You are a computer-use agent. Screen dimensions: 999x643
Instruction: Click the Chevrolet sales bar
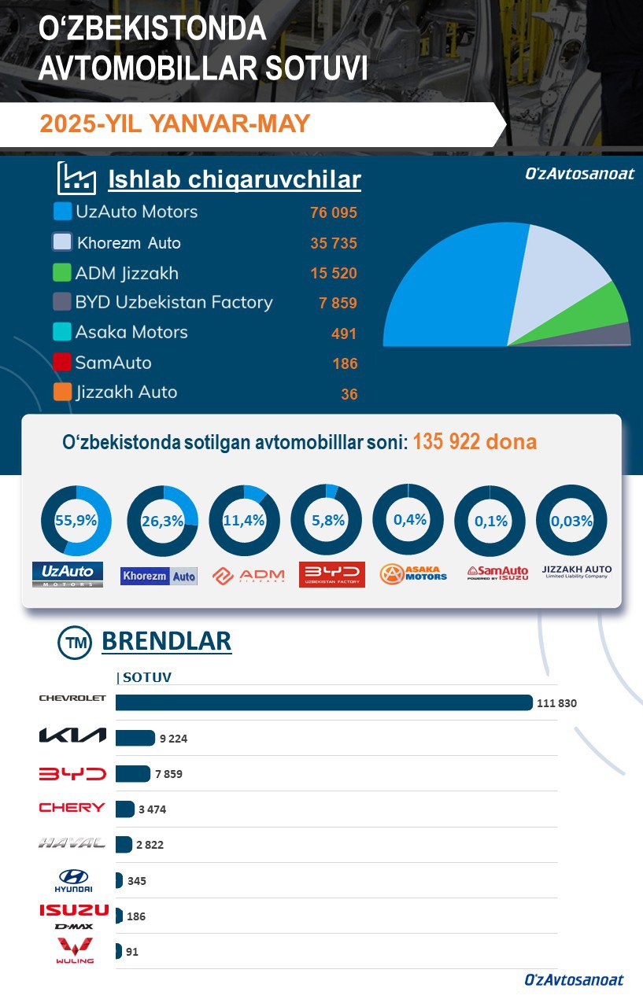[x=323, y=702]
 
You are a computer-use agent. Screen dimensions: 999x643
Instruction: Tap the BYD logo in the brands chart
[x=72, y=774]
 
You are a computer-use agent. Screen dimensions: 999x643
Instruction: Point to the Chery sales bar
[x=125, y=809]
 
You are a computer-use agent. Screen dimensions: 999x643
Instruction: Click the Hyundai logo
[x=73, y=880]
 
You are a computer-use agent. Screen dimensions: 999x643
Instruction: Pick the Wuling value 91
[x=132, y=952]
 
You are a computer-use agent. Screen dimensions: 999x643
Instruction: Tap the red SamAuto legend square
[x=62, y=363]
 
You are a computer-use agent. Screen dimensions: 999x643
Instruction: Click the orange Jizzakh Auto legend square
[x=62, y=392]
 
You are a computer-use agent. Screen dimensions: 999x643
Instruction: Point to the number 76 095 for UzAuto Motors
[x=334, y=213]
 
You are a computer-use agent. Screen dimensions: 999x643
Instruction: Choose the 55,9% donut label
[x=76, y=520]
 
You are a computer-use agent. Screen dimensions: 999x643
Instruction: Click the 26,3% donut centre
[x=162, y=521]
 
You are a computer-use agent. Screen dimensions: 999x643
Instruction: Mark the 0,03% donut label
[x=571, y=521]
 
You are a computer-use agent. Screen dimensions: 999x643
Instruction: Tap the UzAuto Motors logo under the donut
[x=68, y=574]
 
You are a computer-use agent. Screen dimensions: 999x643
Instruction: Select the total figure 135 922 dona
[x=475, y=442]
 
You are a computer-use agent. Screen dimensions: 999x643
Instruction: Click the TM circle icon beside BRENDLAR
[x=76, y=643]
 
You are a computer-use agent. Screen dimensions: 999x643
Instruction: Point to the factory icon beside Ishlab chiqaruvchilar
[x=77, y=179]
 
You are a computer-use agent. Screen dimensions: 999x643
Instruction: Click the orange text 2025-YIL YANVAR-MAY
[x=175, y=124]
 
